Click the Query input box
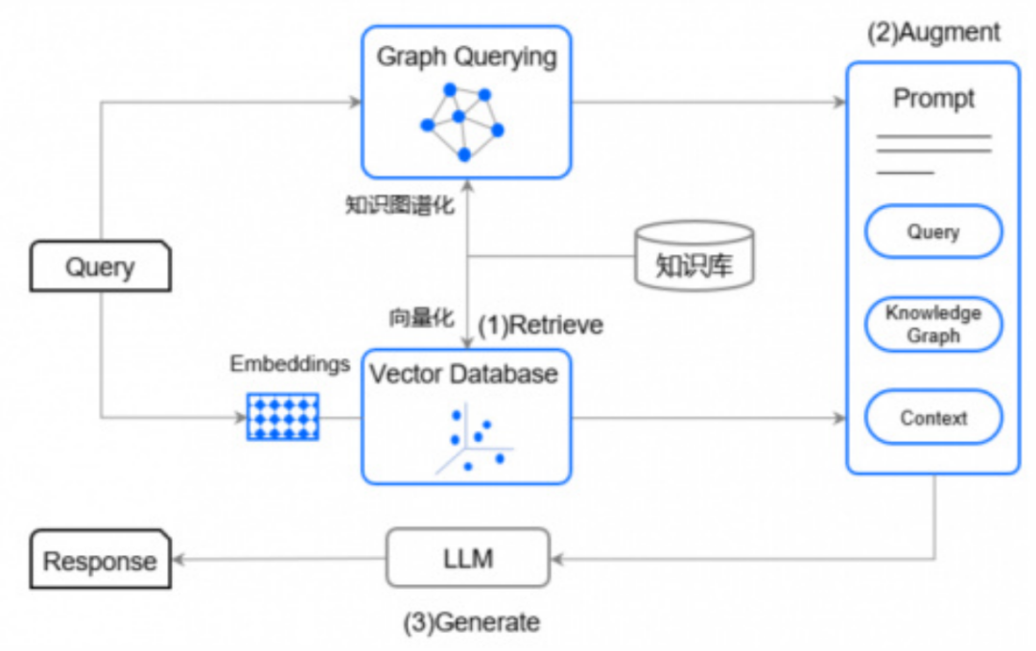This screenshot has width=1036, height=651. pyautogui.click(x=100, y=266)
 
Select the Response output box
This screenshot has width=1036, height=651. pyautogui.click(x=100, y=560)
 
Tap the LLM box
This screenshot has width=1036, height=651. pyautogui.click(x=468, y=557)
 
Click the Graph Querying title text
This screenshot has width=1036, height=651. pyautogui.click(x=466, y=57)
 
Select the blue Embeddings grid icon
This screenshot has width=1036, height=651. pyautogui.click(x=283, y=416)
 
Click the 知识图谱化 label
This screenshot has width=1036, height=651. pyautogui.click(x=400, y=205)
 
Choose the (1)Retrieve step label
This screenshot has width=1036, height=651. pyautogui.click(x=541, y=325)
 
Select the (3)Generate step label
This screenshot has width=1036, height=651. pyautogui.click(x=471, y=622)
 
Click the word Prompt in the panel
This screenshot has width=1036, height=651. pyautogui.click(x=933, y=99)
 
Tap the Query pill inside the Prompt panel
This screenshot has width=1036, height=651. pyautogui.click(x=933, y=232)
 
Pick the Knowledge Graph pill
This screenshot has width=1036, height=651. pyautogui.click(x=933, y=324)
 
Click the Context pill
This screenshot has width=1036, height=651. pyautogui.click(x=933, y=418)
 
